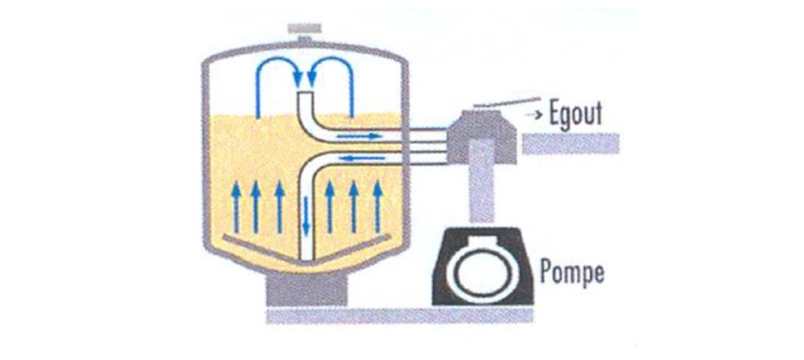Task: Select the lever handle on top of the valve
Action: point(507,103)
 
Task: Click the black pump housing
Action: point(484,266)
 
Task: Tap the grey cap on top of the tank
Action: point(305,32)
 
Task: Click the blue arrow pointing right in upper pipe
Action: point(359,136)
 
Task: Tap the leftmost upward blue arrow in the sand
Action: point(236,208)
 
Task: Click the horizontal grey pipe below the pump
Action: point(400,315)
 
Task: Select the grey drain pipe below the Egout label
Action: point(570,143)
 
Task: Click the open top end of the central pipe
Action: point(306,93)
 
